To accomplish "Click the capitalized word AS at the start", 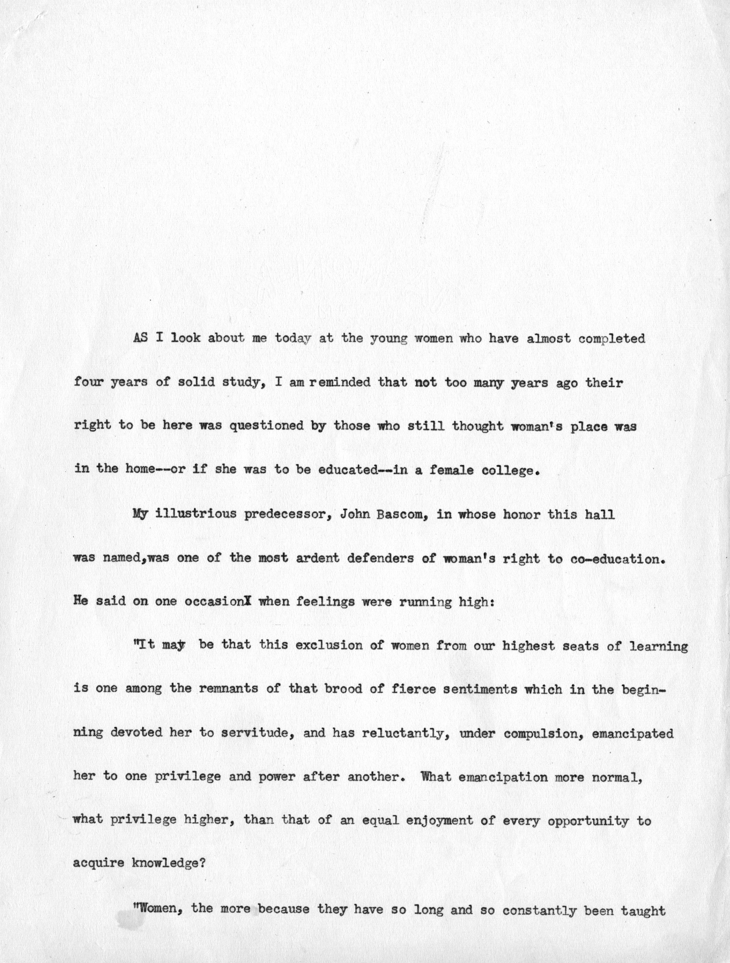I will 140,338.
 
